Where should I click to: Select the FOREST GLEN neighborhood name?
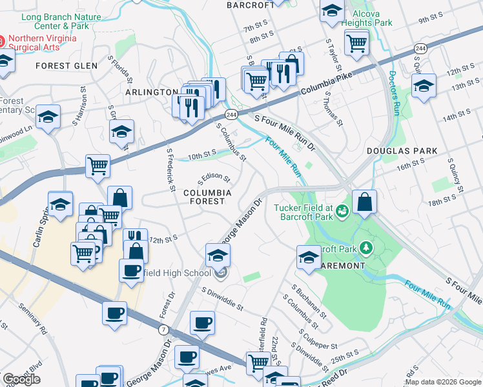click(67, 66)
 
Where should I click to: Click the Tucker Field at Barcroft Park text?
click(303, 212)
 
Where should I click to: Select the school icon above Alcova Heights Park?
click(332, 11)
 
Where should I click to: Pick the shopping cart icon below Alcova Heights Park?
click(356, 43)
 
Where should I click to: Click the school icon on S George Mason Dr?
click(218, 255)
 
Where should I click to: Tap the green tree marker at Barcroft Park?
click(367, 248)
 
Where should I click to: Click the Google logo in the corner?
click(21, 379)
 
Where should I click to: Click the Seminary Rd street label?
click(32, 321)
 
